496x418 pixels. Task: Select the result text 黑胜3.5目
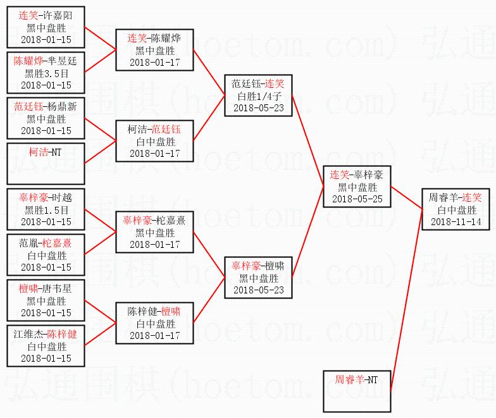pyautogui.click(x=46, y=73)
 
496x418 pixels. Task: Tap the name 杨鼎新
pyautogui.click(x=61, y=107)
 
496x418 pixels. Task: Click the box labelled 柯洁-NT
pyautogui.click(x=46, y=163)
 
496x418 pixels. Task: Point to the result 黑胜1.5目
pyautogui.click(x=46, y=209)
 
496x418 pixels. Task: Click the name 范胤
pyautogui.click(x=29, y=243)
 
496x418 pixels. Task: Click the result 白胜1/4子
pyautogui.click(x=258, y=95)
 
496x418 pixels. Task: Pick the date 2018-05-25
pyautogui.click(x=357, y=199)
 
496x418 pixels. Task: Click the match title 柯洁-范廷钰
pyautogui.click(x=154, y=130)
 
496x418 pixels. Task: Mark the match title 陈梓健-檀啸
pyautogui.click(x=154, y=312)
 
